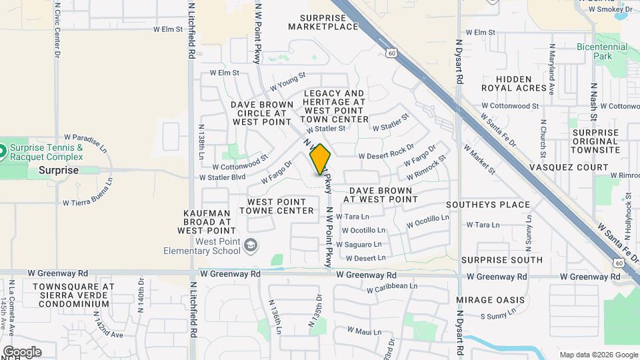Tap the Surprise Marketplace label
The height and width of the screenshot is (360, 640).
(x=323, y=22)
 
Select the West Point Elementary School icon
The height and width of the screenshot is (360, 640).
(x=250, y=246)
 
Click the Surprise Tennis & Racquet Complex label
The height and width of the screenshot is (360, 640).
(x=47, y=152)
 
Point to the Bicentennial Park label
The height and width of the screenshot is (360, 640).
(x=602, y=52)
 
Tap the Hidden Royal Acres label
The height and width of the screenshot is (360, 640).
(x=523, y=83)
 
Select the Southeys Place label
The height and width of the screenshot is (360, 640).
(x=488, y=205)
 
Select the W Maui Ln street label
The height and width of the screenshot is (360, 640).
(x=363, y=331)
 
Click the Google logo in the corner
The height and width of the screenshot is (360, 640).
(x=22, y=352)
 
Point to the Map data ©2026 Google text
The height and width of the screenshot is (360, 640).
(x=598, y=355)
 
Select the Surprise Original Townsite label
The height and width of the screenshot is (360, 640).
(x=595, y=141)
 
